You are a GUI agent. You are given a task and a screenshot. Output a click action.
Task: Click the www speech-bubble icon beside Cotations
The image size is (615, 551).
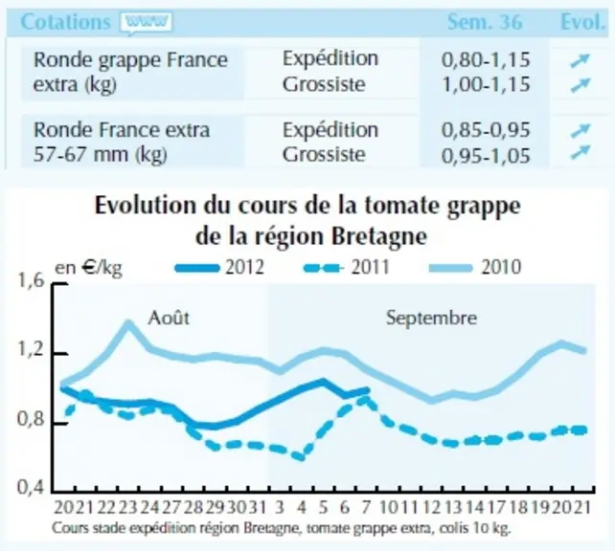146,24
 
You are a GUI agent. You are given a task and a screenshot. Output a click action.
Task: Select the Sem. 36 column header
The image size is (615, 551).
485,22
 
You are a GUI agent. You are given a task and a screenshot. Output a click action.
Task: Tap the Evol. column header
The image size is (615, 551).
582,22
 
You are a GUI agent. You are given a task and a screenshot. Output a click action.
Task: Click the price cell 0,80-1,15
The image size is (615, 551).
486,59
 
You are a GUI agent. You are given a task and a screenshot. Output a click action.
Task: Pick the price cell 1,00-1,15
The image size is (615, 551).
486,84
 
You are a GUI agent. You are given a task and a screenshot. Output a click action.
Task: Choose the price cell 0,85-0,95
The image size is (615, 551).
486,130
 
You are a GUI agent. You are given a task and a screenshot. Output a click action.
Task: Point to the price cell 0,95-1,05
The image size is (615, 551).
486,156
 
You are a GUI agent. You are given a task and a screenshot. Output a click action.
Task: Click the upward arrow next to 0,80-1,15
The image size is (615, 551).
581,60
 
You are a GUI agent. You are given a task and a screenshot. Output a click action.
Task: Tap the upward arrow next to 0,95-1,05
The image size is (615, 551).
581,152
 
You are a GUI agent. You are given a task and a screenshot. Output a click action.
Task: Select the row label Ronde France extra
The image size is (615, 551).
122,130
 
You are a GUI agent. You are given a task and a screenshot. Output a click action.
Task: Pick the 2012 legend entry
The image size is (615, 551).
219,268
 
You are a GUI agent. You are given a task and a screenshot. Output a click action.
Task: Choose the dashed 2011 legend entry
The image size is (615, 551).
347,268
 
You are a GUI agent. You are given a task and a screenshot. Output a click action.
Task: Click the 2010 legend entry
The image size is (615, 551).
475,268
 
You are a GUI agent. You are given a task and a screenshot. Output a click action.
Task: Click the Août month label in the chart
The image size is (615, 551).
169,318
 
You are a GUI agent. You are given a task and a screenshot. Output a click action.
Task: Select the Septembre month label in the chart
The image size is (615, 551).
431,318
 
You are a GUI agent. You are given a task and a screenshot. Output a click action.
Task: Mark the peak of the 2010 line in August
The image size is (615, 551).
128,323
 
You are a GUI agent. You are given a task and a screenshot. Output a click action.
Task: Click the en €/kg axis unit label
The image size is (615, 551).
89,268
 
